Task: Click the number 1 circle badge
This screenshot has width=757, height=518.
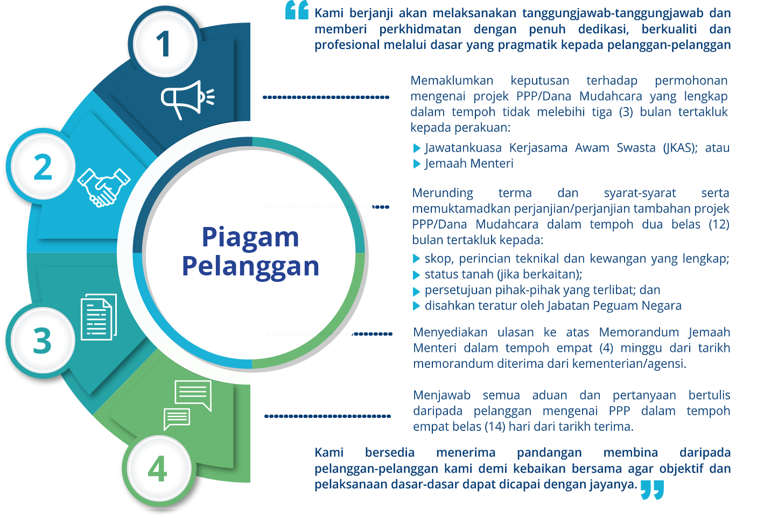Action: [165, 44]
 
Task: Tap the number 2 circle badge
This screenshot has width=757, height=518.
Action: [43, 166]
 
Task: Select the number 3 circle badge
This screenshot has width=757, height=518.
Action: [43, 340]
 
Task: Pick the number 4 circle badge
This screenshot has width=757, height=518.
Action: [159, 470]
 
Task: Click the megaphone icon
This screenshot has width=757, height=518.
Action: [187, 100]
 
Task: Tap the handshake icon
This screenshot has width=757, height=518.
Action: [104, 187]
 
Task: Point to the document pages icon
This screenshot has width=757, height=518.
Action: [99, 317]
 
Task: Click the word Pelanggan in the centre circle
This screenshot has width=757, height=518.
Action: [250, 267]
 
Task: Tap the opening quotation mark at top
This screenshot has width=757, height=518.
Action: [297, 10]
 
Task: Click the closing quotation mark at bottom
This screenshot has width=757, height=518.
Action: [652, 490]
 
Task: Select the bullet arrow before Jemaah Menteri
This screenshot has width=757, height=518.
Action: [417, 164]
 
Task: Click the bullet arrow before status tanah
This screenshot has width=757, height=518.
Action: [417, 275]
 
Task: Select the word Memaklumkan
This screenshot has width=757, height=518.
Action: [452, 81]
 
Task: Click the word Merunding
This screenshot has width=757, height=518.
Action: [443, 193]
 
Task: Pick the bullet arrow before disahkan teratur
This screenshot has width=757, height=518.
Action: [417, 306]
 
